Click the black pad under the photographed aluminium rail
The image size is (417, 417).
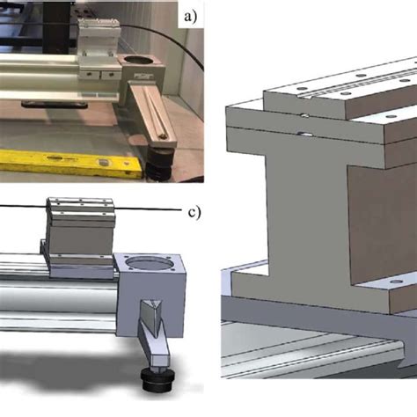pyautogui.click(x=44, y=104)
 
